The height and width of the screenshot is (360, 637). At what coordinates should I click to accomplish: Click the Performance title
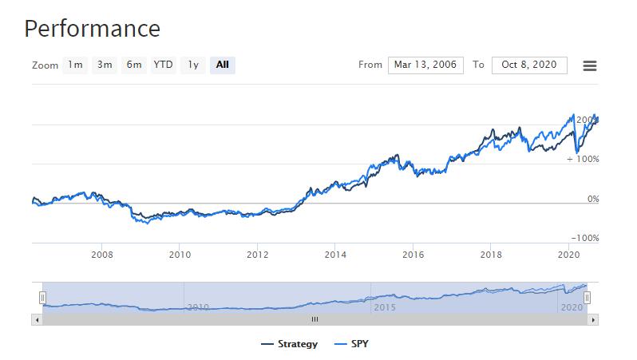tap(93, 29)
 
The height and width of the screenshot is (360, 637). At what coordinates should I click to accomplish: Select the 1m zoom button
tap(75, 65)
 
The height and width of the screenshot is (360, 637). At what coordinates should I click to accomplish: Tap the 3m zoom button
tap(105, 65)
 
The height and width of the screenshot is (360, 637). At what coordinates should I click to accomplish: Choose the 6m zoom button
tap(134, 65)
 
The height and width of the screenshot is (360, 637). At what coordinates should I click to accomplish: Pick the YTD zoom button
tap(164, 65)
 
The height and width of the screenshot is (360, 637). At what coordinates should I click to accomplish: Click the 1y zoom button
tap(193, 65)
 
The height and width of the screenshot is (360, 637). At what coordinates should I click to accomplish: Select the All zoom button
tap(223, 65)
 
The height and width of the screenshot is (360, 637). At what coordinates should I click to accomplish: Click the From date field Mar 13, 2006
tap(425, 65)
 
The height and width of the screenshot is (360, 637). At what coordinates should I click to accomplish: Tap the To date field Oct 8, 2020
tap(529, 65)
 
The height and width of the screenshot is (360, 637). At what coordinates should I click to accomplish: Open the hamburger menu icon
tap(589, 65)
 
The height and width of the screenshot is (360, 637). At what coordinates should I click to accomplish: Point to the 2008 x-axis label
tap(102, 255)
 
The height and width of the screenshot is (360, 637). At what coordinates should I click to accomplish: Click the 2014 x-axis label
tap(335, 255)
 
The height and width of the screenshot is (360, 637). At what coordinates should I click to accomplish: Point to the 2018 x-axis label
tap(491, 255)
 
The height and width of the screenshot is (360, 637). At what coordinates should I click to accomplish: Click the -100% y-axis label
tap(585, 238)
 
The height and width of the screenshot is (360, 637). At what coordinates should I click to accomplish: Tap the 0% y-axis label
tap(593, 199)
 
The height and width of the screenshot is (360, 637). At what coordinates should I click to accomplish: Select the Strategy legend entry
tap(289, 344)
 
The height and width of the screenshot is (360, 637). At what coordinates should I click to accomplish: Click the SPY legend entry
tap(351, 344)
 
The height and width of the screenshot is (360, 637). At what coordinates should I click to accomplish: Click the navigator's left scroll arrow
tap(37, 320)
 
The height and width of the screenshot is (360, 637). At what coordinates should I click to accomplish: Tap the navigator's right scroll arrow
tap(593, 320)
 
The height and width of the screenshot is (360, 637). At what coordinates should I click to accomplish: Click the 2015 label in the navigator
tap(385, 307)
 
